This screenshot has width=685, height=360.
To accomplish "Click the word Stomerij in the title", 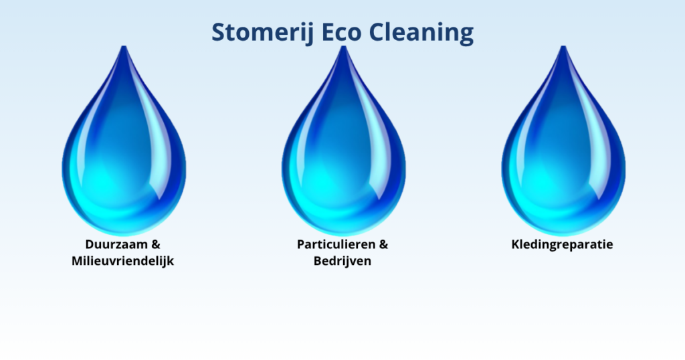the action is (x=262, y=33).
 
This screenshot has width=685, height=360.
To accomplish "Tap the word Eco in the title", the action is (x=342, y=32).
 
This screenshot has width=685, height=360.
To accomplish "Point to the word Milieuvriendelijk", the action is (x=123, y=261).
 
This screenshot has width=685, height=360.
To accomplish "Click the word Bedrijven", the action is (x=342, y=261).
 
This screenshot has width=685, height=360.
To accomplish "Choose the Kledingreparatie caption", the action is (x=562, y=245).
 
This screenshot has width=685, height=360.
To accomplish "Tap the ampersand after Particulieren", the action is (x=383, y=244).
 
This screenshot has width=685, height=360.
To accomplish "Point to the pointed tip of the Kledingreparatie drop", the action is (x=563, y=46).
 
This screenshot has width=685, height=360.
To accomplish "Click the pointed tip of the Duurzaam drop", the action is (x=124, y=46).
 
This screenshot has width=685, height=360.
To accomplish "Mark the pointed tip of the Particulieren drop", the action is (x=343, y=46).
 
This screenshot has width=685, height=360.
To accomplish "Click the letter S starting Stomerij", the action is (x=219, y=32).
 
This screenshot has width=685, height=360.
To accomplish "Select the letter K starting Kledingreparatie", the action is (x=516, y=244).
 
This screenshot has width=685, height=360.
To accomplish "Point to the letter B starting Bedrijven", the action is (x=318, y=261).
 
